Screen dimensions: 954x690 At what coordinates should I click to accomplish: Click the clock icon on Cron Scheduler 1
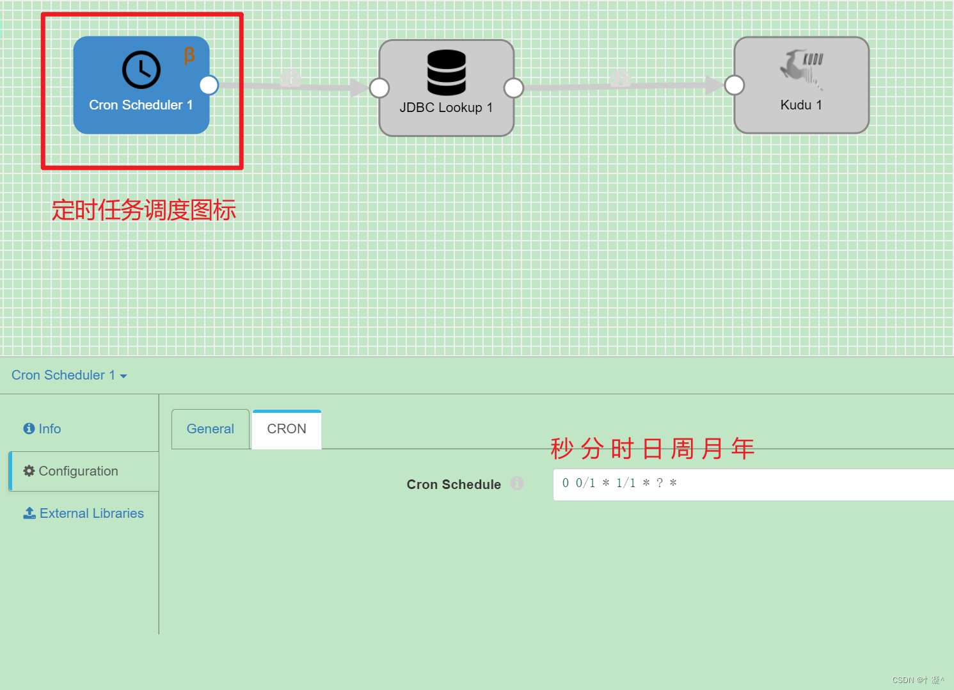(x=141, y=70)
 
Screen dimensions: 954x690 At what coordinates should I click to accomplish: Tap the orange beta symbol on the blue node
(x=189, y=56)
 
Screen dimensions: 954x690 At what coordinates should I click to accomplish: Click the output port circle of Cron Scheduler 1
(x=209, y=85)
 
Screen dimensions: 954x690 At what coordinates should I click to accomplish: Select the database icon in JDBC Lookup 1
(x=447, y=72)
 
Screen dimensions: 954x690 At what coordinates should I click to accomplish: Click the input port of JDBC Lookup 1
(x=379, y=88)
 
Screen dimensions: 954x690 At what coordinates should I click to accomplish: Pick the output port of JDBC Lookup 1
(x=514, y=88)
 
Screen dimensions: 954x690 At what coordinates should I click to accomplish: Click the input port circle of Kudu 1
(x=735, y=85)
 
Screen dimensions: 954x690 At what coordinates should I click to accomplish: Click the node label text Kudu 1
(x=801, y=105)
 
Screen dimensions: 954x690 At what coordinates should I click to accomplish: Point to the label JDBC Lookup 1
(x=447, y=108)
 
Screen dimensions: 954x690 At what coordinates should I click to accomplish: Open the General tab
(x=211, y=429)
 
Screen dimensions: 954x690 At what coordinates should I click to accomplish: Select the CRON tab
(x=287, y=429)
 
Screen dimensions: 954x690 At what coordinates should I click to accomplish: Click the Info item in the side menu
(x=42, y=429)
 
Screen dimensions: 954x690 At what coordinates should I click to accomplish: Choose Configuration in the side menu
(x=70, y=471)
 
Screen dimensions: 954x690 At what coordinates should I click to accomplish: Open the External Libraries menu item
(x=83, y=513)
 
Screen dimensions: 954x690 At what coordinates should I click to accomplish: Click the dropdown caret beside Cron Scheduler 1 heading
(x=123, y=376)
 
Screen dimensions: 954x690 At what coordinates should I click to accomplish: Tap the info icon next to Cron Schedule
(x=517, y=483)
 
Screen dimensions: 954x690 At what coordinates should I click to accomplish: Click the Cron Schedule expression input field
(x=753, y=485)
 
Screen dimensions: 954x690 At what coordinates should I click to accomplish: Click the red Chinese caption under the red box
(x=144, y=210)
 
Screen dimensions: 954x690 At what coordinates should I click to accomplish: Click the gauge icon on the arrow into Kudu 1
(x=620, y=79)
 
